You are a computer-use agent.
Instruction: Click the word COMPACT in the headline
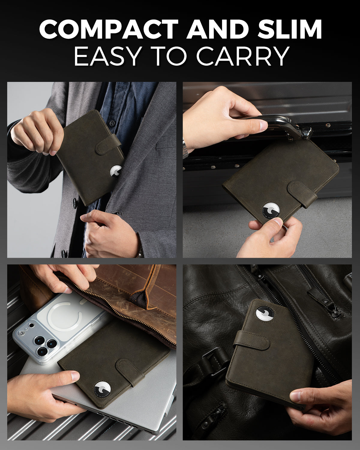tap(109, 29)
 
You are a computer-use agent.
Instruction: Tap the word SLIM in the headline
tap(289, 29)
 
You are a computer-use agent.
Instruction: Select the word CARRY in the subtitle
tap(243, 56)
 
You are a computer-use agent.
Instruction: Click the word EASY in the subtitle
tap(107, 56)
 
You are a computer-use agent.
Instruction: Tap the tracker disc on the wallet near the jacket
tap(116, 172)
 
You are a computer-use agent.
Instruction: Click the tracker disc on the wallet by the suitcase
tap(271, 210)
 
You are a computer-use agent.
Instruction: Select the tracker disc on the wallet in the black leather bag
tap(265, 314)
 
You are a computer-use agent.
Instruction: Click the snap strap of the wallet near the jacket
tap(108, 144)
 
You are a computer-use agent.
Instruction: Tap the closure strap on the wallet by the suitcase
tap(302, 194)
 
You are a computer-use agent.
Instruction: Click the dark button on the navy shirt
tap(112, 122)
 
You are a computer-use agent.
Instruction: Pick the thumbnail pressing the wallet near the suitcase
tap(278, 222)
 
